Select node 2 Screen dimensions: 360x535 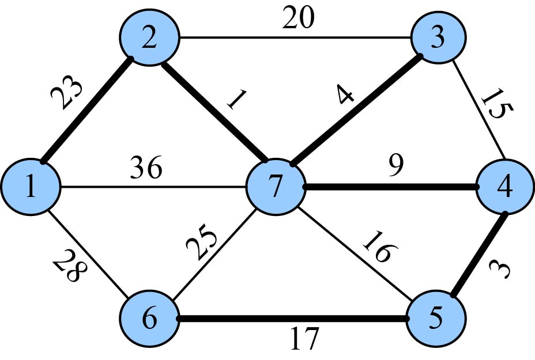(150, 39)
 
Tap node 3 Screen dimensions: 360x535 (438, 40)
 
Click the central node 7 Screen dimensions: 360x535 (275, 188)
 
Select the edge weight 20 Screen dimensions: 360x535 (298, 18)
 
